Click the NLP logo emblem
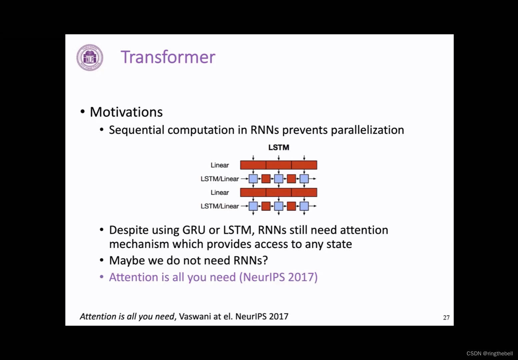90,58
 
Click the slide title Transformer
168,57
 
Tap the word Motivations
126,112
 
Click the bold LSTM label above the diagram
279,147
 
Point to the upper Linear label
220,165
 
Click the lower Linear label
220,192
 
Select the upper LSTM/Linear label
220,179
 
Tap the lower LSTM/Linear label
220,206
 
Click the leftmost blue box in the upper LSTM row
253,179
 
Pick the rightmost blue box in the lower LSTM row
304,206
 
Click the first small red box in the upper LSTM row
266,179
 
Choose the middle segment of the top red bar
279,165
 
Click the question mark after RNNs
265,260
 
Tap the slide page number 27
446,318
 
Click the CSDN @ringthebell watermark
489,353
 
